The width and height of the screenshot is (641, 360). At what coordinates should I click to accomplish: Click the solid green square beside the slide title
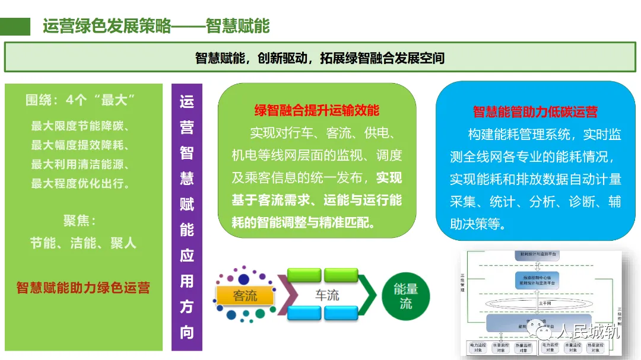(15, 27)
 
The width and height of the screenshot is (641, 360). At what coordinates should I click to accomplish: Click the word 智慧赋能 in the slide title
(237, 27)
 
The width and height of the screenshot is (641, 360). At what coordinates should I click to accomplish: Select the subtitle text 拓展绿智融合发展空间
(382, 58)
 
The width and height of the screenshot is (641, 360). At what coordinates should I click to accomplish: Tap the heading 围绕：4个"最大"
(81, 100)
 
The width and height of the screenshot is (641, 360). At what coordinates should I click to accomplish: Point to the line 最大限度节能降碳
(80, 126)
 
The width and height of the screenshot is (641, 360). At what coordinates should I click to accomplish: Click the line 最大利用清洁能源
(80, 164)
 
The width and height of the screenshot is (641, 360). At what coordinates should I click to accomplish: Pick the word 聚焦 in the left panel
(78, 221)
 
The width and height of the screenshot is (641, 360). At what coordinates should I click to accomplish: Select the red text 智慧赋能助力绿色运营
(83, 288)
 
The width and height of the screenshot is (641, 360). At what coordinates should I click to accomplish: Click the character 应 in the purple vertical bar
(187, 256)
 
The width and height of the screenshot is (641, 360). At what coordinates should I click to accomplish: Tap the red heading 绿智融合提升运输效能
(317, 111)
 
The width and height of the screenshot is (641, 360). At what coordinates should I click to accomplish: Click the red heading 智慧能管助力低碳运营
(535, 111)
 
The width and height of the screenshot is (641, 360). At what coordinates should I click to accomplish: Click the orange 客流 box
(246, 295)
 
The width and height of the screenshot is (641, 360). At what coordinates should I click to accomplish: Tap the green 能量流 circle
(406, 296)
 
